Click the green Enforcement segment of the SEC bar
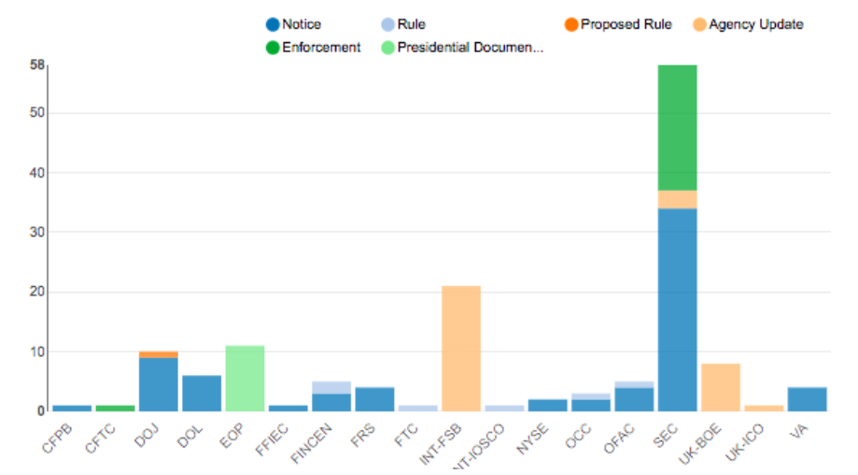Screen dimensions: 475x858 pos(677,127)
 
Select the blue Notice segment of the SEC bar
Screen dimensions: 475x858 pos(677,309)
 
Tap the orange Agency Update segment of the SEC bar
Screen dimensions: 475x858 pos(677,199)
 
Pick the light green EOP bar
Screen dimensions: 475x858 pos(245,378)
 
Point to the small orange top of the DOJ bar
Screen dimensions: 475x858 pos(159,354)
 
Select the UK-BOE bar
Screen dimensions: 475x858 pos(720,387)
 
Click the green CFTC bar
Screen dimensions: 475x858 pos(116,408)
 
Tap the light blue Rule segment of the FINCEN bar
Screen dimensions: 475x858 pos(331,387)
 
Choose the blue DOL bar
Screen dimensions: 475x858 pos(202,393)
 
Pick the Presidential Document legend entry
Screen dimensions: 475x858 pos(462,48)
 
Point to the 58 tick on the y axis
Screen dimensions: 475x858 pos(36,65)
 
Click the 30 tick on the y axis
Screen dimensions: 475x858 pos(36,232)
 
